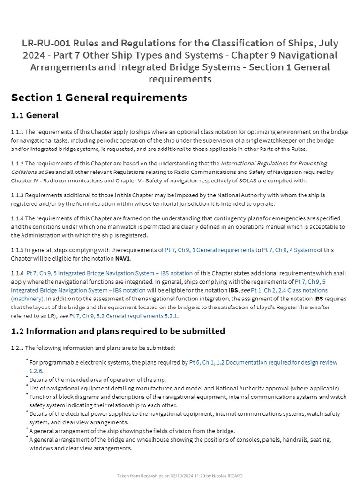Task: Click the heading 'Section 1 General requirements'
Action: tap(99, 97)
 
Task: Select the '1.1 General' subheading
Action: tap(35, 115)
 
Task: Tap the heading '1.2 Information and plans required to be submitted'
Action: tap(118, 331)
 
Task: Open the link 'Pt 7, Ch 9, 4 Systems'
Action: tap(289, 250)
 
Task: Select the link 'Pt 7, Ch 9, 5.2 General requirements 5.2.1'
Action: tap(123, 316)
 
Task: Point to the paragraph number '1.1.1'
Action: tap(17, 132)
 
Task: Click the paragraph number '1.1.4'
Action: tap(17, 218)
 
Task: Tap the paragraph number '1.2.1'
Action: tap(17, 348)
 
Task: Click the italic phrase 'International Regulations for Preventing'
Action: tap(274, 164)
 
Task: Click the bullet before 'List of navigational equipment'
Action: tap(27, 387)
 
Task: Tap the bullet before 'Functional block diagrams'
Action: tap(27, 395)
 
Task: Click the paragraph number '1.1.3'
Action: tap(17, 195)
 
